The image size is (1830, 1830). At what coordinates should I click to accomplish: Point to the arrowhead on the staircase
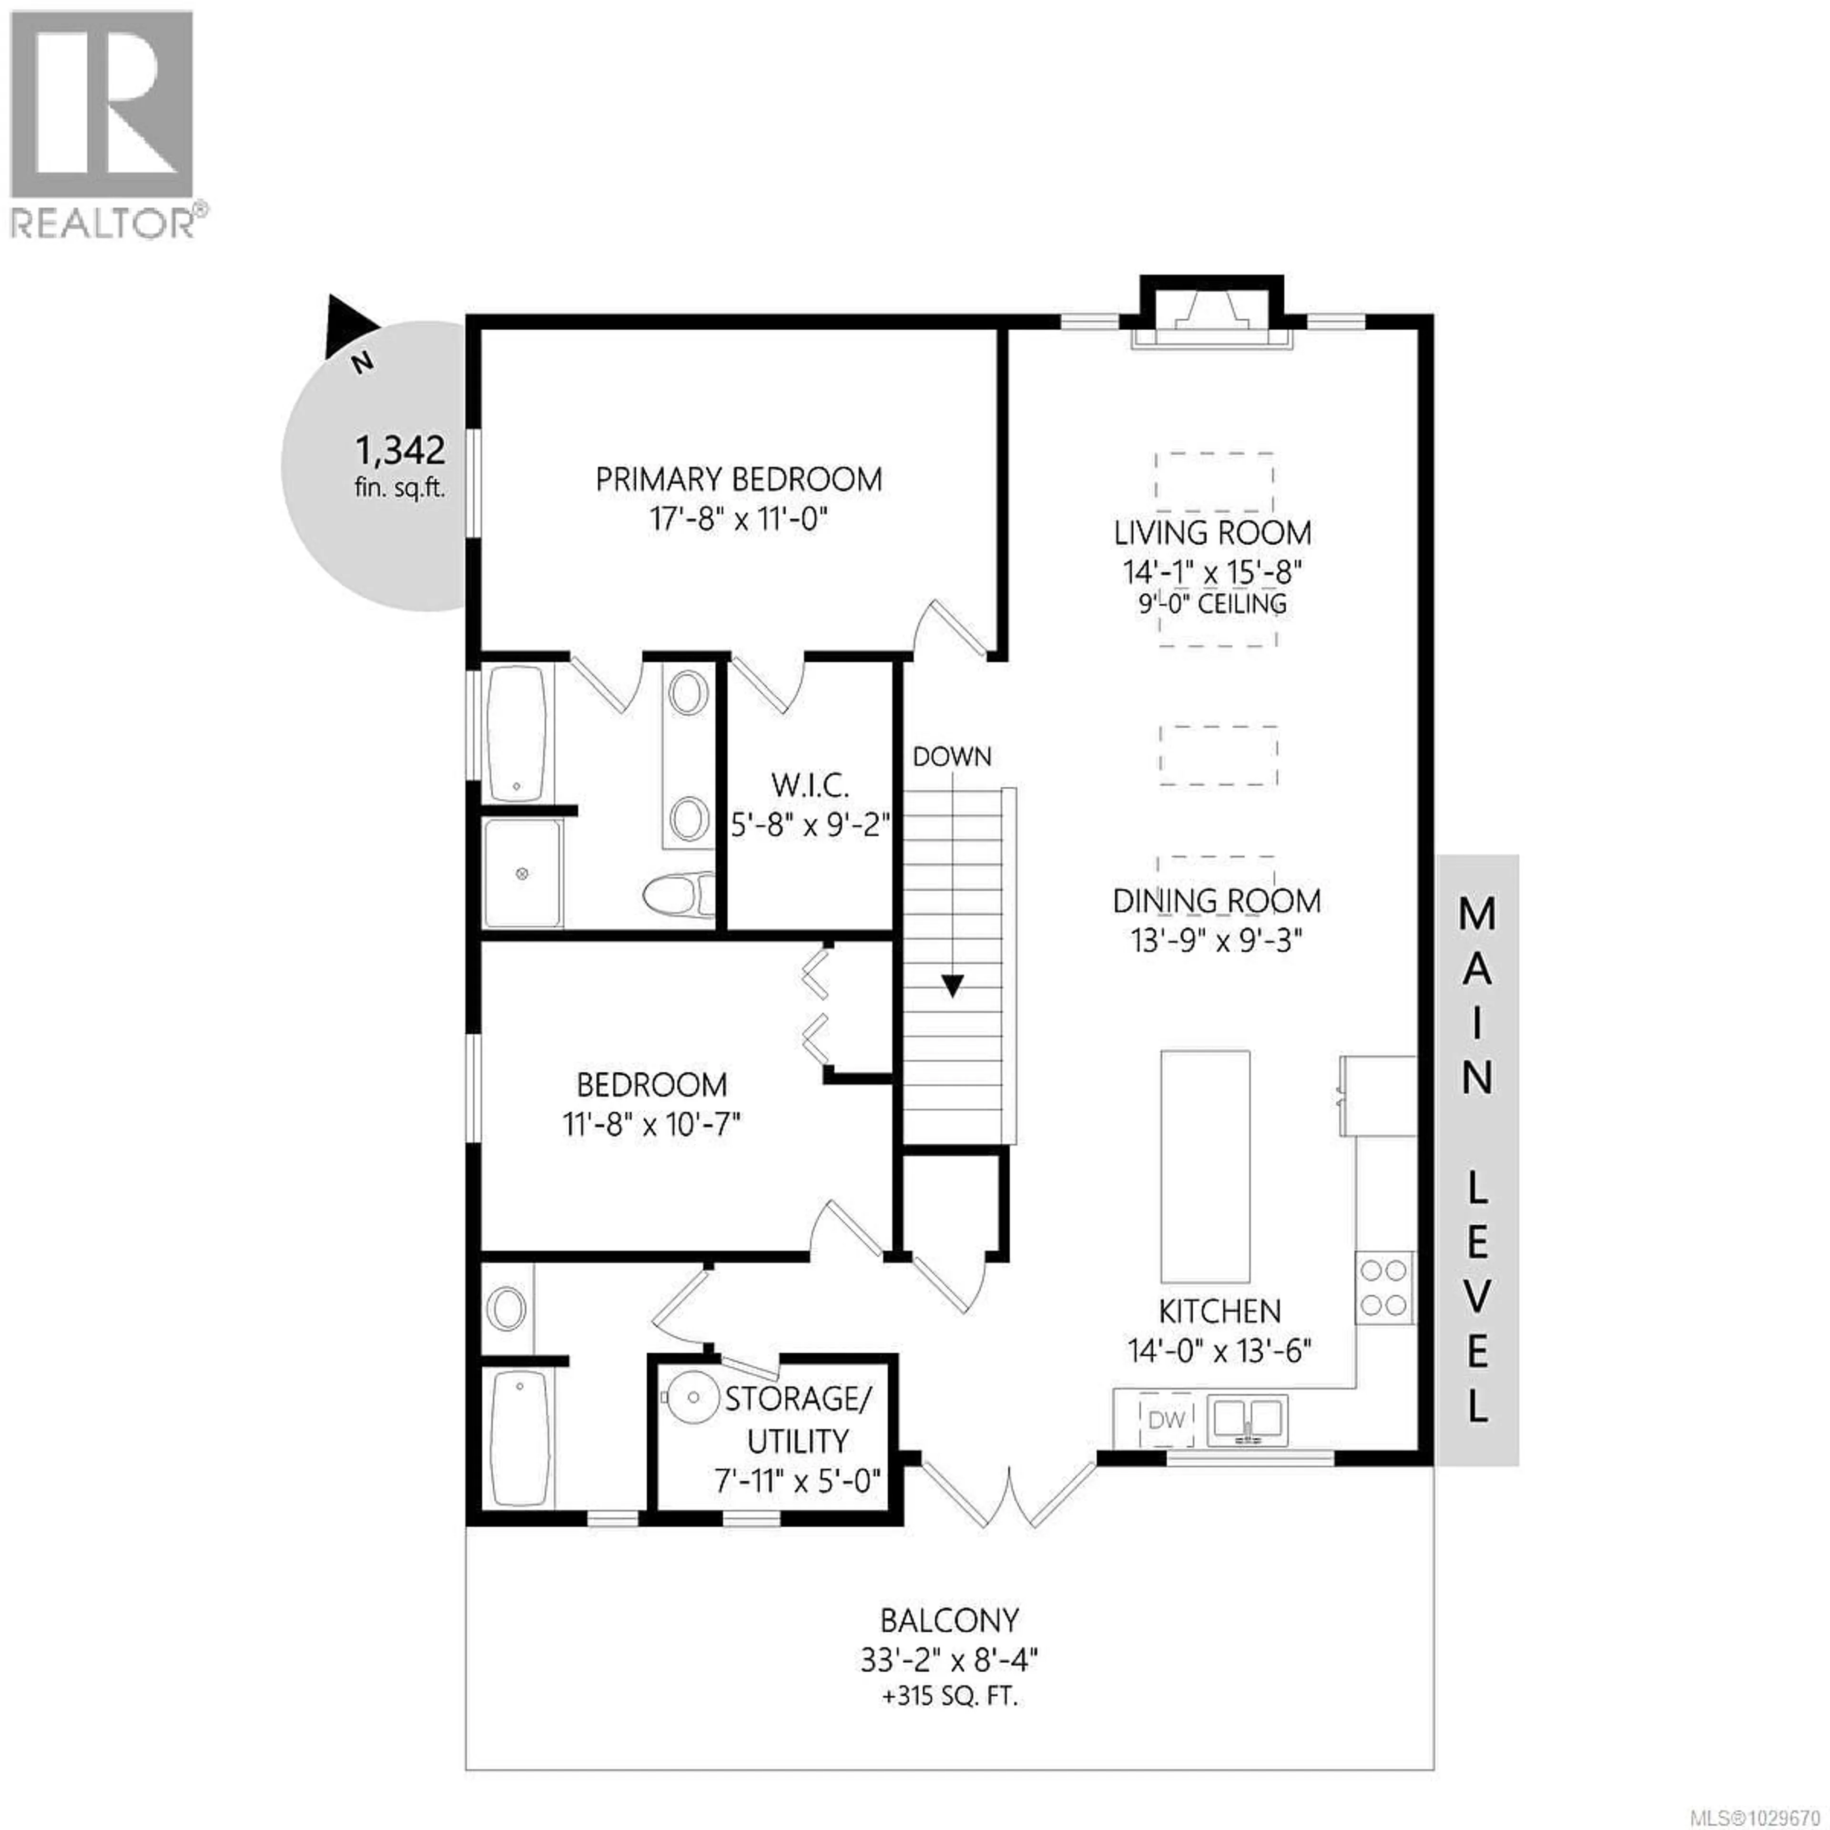coord(952,986)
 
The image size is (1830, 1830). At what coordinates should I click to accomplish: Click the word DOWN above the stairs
coord(952,757)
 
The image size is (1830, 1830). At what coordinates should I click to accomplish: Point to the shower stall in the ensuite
coord(523,874)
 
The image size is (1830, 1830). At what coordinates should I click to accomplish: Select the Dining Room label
coord(1216,901)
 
